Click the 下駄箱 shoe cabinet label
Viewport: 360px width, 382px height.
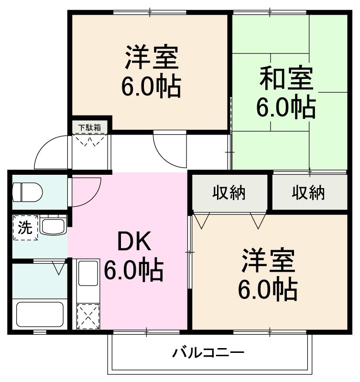point(90,127)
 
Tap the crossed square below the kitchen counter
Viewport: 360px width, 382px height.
point(87,315)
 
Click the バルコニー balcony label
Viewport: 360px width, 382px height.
point(208,353)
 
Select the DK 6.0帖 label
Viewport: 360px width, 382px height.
point(134,258)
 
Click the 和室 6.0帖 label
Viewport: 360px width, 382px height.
point(286,93)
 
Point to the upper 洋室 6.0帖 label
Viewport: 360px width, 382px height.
point(151,72)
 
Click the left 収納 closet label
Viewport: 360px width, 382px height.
point(229,193)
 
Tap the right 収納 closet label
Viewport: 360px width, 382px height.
point(308,193)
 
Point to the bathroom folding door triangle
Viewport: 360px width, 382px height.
point(60,267)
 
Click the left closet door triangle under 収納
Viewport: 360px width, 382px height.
point(201,221)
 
